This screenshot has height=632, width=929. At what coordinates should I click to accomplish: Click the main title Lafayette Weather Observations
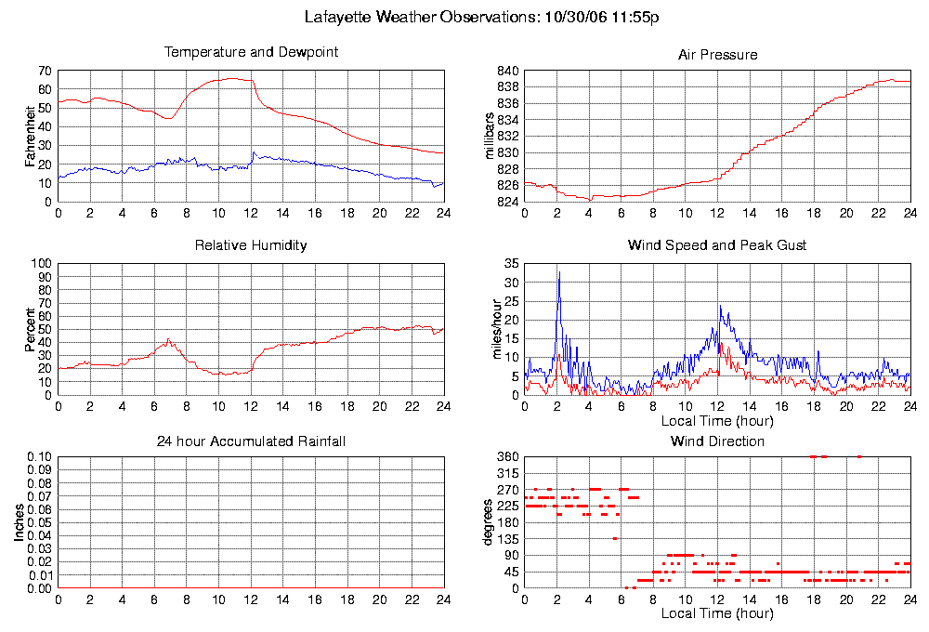[482, 17]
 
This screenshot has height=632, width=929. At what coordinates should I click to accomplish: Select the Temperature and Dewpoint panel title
[251, 52]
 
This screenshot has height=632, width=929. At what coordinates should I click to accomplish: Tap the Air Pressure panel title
[717, 55]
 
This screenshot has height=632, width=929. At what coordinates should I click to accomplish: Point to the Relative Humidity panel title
[251, 245]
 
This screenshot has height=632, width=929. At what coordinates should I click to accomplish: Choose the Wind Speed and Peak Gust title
[717, 245]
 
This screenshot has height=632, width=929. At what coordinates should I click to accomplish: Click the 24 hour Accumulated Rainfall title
[251, 441]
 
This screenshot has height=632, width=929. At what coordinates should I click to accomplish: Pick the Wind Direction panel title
[717, 441]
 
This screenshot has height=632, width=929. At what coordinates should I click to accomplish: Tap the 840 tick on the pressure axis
[508, 71]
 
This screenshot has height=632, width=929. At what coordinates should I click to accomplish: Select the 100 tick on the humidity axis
[41, 264]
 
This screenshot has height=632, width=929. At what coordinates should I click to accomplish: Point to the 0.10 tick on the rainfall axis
[38, 457]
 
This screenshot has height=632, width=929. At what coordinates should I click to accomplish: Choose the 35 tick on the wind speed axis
[511, 264]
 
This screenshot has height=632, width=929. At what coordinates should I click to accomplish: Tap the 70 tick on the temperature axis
[44, 71]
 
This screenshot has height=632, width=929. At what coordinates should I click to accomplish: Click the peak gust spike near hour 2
[559, 273]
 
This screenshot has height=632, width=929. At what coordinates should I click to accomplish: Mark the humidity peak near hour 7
[168, 340]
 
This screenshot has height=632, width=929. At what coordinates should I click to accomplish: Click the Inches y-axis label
[20, 523]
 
